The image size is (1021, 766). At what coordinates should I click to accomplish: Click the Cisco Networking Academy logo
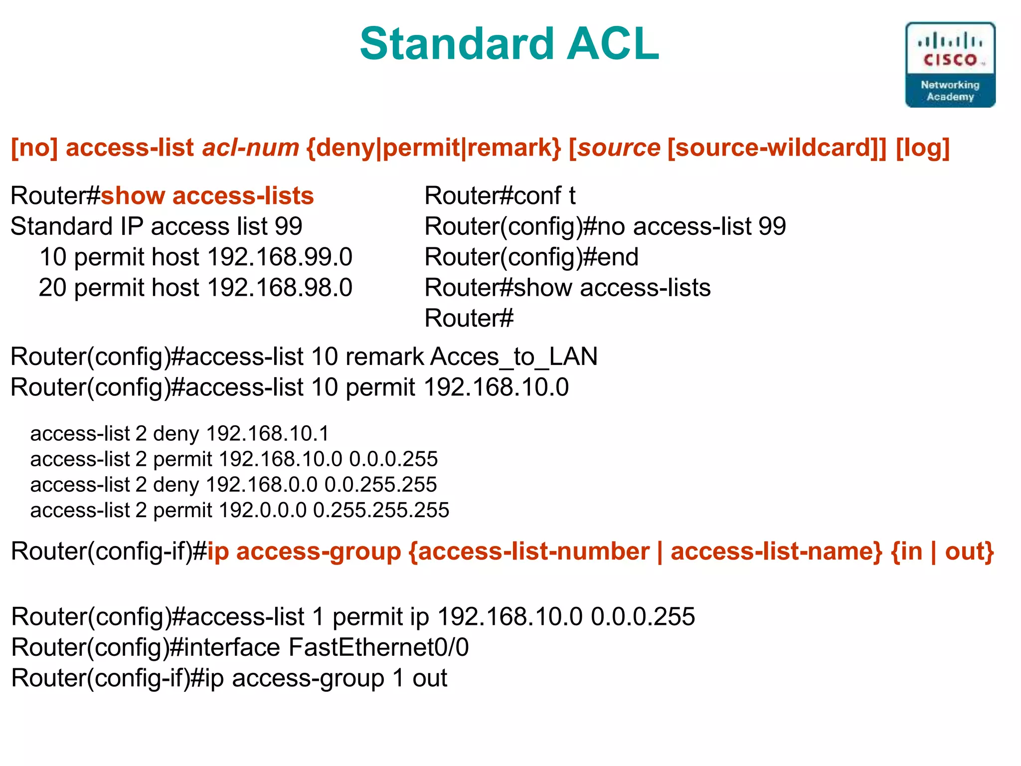[950, 65]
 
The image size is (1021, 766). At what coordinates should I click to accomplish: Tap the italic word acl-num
[250, 148]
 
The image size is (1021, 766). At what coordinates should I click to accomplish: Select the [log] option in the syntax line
[922, 148]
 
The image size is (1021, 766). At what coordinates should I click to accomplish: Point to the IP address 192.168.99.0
[280, 257]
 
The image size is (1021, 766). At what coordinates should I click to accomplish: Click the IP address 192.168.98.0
[280, 288]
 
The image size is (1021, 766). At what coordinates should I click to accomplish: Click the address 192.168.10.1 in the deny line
[268, 433]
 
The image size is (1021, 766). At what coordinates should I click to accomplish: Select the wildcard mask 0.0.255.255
[380, 484]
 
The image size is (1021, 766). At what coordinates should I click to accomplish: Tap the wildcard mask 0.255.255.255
[381, 510]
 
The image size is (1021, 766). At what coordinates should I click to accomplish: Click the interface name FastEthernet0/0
[379, 647]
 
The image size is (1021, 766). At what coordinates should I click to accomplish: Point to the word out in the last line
[429, 678]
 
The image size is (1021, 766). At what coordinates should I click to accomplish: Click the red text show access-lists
[207, 195]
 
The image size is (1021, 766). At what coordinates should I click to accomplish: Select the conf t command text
[544, 195]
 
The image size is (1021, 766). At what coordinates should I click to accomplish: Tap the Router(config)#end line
[531, 257]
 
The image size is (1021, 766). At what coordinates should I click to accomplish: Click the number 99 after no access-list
[772, 226]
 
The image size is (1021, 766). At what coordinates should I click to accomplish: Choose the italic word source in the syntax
[619, 148]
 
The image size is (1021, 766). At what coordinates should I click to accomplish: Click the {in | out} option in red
[942, 552]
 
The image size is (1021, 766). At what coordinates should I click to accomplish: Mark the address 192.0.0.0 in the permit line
[263, 510]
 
